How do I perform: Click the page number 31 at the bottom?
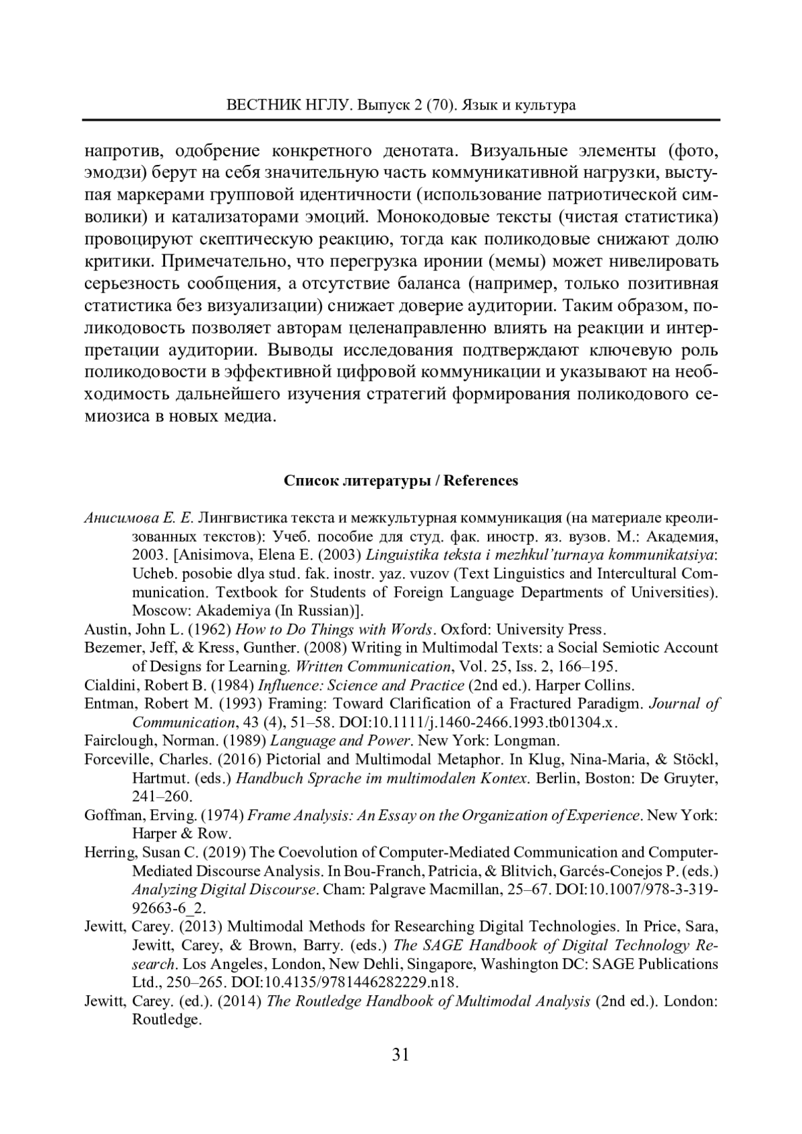click(x=400, y=1055)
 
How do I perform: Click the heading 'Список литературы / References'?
click(x=401, y=481)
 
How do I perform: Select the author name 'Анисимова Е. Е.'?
click(x=139, y=518)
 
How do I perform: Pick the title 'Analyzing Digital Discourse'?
click(x=224, y=890)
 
